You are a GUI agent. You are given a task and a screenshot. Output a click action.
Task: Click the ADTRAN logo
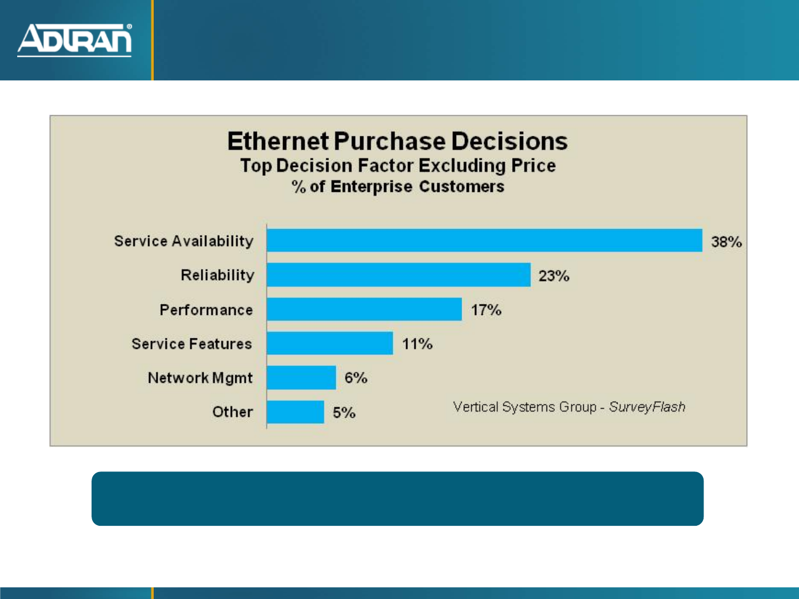[74, 39]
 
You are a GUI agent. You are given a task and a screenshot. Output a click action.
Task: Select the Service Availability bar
[484, 241]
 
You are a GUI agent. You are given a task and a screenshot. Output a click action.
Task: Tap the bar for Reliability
[398, 275]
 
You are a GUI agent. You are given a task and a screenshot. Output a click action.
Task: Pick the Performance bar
[364, 309]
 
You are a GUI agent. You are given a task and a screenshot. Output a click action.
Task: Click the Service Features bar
[330, 343]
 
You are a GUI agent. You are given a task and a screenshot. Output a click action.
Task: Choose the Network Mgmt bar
[301, 378]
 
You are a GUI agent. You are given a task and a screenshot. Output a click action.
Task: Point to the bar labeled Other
[295, 412]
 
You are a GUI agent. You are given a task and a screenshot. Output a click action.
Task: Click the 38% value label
[726, 242]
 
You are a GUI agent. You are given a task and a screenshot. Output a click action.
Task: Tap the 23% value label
[554, 276]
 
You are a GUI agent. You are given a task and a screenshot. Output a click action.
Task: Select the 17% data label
[486, 310]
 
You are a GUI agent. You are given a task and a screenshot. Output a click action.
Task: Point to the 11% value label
[417, 344]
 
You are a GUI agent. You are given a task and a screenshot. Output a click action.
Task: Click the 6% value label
[356, 378]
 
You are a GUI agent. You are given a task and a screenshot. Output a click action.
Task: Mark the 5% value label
[344, 413]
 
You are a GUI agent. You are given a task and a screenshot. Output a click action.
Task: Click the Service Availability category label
[184, 241]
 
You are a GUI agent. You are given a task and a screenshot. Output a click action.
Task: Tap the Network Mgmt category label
[200, 378]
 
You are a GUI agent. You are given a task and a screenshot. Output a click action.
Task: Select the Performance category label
[206, 310]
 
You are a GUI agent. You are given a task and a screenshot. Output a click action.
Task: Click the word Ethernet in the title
[278, 141]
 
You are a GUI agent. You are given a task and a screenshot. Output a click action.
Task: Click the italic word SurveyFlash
[647, 407]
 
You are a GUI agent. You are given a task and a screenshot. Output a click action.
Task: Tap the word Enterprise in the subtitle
[371, 187]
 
